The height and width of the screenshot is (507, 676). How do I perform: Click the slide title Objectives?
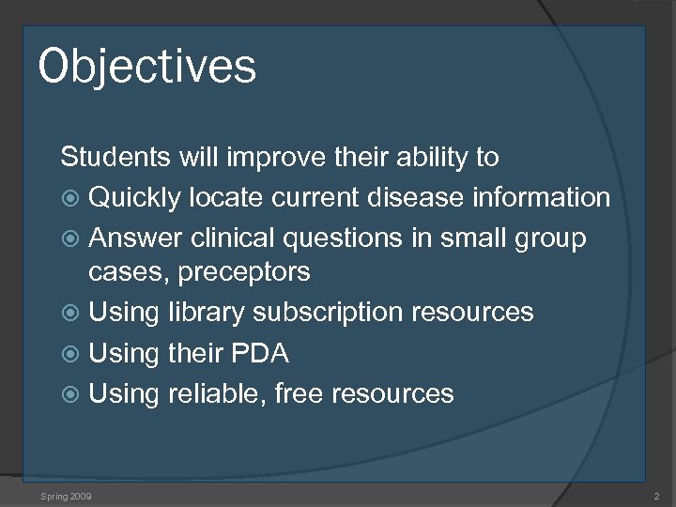point(147,67)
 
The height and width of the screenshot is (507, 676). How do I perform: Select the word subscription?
point(327,312)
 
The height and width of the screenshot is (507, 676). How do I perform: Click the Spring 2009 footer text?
point(67,495)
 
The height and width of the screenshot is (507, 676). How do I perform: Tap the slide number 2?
point(655,495)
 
